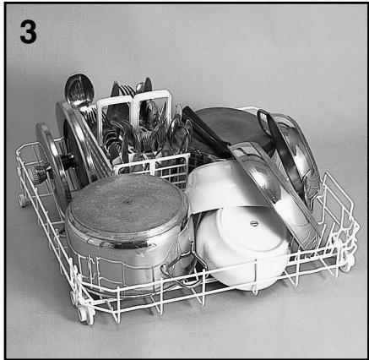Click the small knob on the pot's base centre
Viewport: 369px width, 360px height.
[x=127, y=204]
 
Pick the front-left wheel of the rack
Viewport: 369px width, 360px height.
[x=85, y=314]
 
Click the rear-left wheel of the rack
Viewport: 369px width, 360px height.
[x=23, y=200]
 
